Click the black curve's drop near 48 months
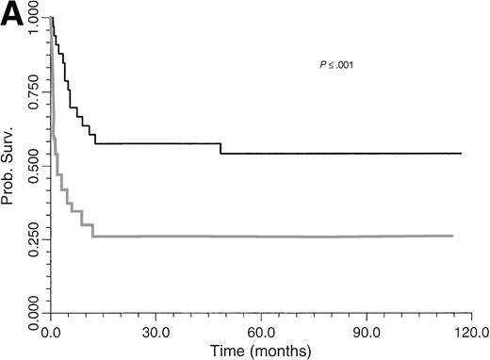point(220,148)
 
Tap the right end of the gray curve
point(453,236)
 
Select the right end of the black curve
point(461,153)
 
